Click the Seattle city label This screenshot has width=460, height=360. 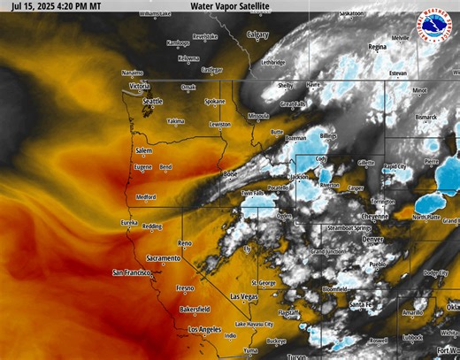152,101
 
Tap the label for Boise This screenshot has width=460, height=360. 232,173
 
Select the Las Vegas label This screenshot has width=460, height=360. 243,295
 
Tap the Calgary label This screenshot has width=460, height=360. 257,34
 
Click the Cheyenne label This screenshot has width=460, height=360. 375,216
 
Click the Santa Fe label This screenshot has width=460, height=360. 361,304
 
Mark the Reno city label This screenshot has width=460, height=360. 185,241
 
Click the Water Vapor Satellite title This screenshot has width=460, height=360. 230,6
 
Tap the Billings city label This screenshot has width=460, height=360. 328,135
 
